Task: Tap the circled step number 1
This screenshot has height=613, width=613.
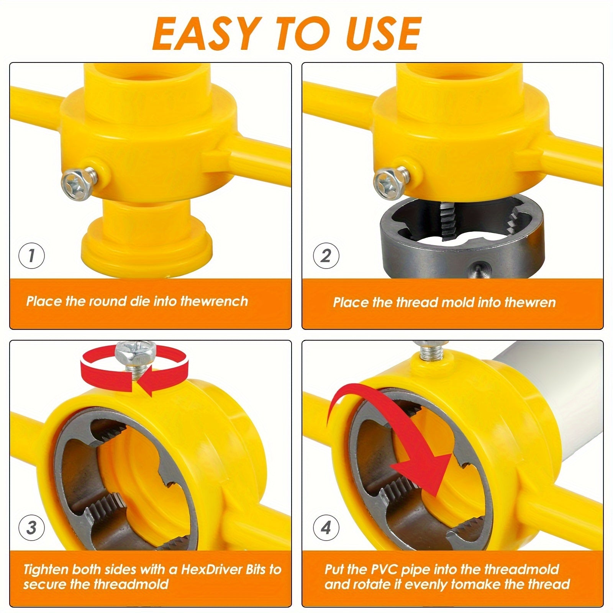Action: tap(31, 256)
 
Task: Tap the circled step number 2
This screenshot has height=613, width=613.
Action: tap(326, 256)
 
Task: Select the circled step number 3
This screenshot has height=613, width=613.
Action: tap(31, 528)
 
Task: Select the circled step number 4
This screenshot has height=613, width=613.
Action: tap(326, 528)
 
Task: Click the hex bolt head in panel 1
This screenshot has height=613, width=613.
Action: tap(76, 185)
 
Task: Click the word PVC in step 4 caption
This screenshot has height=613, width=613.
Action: tap(379, 570)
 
